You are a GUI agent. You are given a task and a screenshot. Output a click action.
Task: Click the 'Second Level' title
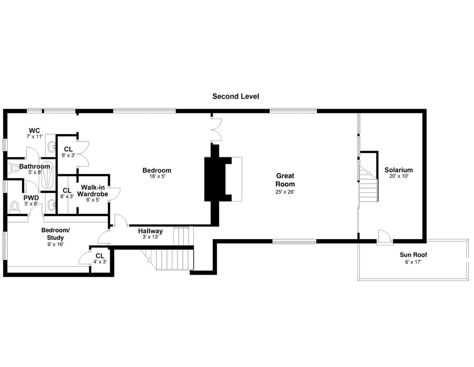tap(235, 96)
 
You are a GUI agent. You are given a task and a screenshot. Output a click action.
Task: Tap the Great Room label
tap(285, 180)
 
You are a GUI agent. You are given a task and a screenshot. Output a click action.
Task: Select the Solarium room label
tap(399, 170)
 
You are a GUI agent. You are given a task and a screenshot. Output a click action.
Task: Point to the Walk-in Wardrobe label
tap(93, 190)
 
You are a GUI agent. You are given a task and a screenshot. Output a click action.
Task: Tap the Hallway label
tap(150, 231)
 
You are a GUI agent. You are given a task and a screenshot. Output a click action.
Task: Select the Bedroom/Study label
tap(55, 234)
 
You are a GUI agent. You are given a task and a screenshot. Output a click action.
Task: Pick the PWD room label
tap(31, 198)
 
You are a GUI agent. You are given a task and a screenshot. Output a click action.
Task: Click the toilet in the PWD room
tap(15, 207)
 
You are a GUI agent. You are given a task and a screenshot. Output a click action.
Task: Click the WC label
tap(35, 130)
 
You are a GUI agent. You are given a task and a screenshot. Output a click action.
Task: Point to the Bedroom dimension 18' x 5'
tap(157, 177)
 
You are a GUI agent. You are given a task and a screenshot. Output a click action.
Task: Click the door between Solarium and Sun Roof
tap(384, 237)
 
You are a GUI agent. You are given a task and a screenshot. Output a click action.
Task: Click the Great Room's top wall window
tap(293, 111)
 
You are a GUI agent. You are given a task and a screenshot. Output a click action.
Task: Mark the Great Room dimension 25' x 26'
tap(285, 192)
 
